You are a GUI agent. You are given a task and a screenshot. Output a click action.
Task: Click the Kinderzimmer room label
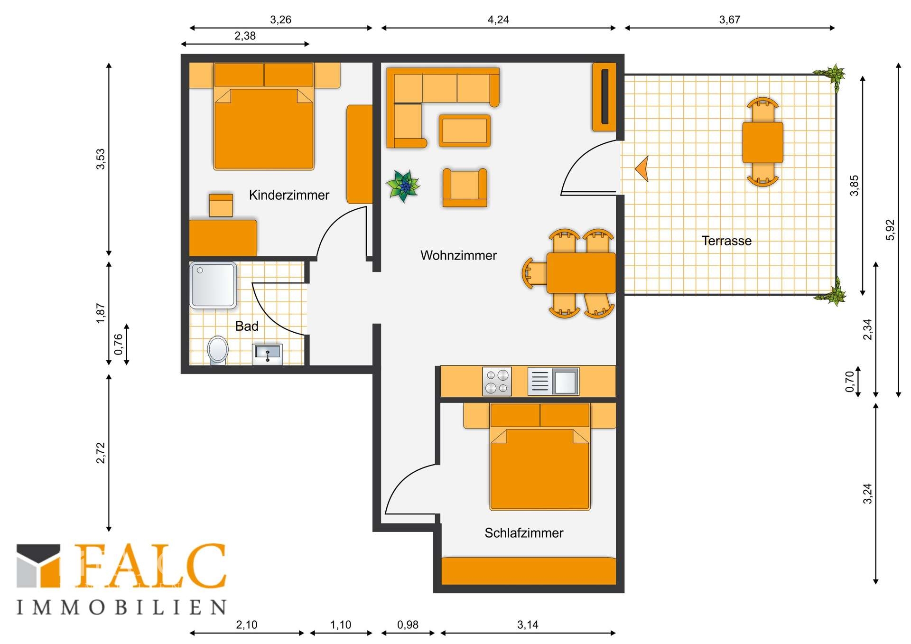(x=289, y=195)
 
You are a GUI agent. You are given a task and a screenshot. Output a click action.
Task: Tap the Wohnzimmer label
(x=458, y=255)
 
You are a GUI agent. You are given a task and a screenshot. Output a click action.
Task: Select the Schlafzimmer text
(x=524, y=533)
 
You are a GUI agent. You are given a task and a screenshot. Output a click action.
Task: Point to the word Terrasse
(x=726, y=241)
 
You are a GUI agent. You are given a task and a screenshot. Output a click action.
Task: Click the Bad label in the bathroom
(x=247, y=326)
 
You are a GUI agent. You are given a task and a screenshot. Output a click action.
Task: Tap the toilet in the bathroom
(x=218, y=350)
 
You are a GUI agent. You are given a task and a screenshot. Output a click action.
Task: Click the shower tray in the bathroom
(x=213, y=285)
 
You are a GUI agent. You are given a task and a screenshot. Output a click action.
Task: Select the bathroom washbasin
(x=267, y=354)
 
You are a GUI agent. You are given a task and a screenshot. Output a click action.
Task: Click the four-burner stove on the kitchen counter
(x=497, y=381)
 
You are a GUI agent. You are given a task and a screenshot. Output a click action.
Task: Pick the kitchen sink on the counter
(x=553, y=381)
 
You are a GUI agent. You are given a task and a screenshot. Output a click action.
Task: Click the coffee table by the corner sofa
(x=465, y=131)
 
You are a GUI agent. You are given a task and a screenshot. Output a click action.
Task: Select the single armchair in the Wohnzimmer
(x=465, y=188)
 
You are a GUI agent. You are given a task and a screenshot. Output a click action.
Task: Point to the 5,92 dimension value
(x=890, y=230)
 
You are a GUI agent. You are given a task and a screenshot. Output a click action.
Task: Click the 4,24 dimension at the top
(x=498, y=19)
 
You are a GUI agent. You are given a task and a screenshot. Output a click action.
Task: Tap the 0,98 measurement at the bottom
(x=408, y=625)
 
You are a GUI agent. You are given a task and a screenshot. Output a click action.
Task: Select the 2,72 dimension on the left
(x=101, y=453)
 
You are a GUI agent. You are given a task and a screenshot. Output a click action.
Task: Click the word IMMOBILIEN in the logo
(x=121, y=607)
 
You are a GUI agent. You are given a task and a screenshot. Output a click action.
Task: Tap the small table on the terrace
(x=762, y=142)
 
